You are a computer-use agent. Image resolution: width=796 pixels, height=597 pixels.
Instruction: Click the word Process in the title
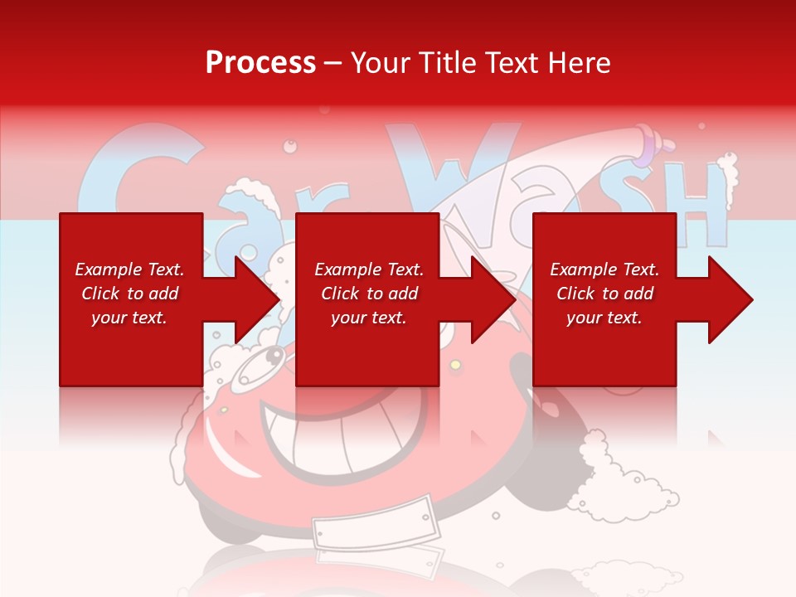(260, 63)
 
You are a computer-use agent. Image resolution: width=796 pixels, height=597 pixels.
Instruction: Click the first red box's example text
(129, 294)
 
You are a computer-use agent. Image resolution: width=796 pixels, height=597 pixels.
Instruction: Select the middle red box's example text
(369, 294)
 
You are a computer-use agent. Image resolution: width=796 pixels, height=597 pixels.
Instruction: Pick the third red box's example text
(604, 294)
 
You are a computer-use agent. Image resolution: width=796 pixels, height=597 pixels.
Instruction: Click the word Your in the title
(379, 63)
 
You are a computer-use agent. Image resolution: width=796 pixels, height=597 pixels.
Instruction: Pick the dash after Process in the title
(333, 64)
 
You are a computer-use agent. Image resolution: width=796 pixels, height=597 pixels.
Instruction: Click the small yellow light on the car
(454, 365)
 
